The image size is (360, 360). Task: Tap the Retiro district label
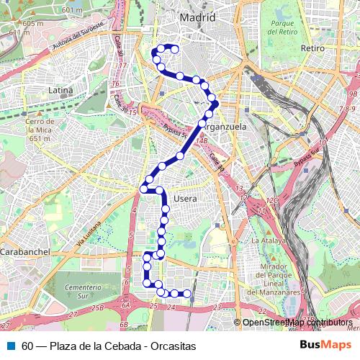pyautogui.click(x=312, y=48)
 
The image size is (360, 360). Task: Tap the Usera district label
pyautogui.click(x=186, y=197)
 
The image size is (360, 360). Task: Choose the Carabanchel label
pyautogui.click(x=24, y=253)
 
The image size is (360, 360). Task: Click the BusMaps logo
pyautogui.click(x=325, y=345)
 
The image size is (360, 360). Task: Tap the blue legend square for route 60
pyautogui.click(x=10, y=346)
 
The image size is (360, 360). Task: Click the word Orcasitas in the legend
pyautogui.click(x=173, y=346)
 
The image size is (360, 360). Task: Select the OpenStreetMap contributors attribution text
pyautogui.click(x=297, y=323)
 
